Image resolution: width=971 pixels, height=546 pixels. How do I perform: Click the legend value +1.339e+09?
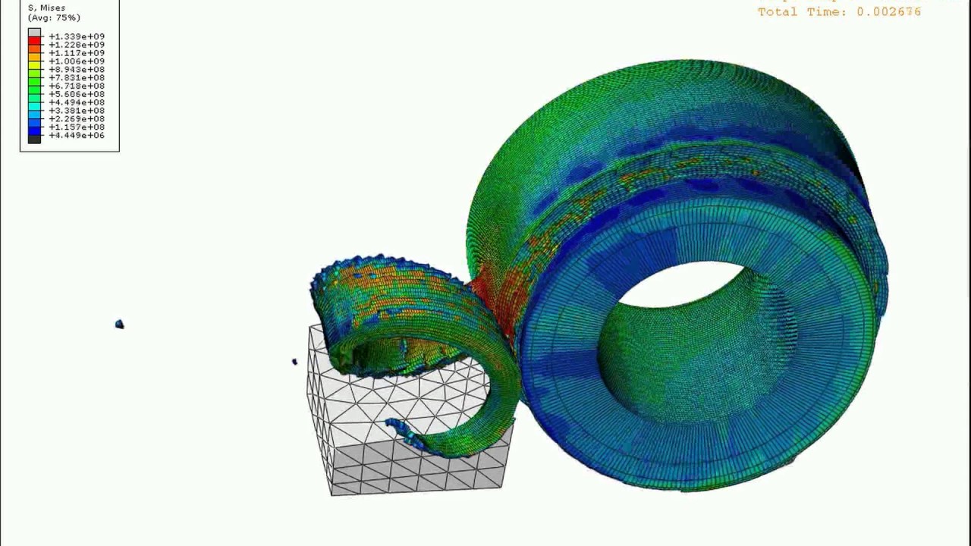point(77,36)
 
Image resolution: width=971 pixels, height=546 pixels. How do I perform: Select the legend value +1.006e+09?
point(77,61)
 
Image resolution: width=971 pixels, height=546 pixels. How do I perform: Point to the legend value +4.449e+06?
point(77,136)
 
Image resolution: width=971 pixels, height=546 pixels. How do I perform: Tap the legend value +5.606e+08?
point(77,94)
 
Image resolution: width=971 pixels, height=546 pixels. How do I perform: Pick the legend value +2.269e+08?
point(77,119)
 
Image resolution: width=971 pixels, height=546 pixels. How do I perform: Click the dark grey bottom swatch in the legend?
point(34,139)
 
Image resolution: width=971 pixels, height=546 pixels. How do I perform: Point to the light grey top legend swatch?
point(34,33)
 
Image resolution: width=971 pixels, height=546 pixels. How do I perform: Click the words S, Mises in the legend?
point(46,8)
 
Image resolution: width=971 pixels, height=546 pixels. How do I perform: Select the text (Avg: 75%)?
point(54,17)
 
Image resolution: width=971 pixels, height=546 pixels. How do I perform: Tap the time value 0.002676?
point(888,12)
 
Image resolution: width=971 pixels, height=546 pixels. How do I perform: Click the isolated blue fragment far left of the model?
point(119,325)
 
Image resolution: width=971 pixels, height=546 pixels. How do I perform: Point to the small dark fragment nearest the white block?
point(294,362)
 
